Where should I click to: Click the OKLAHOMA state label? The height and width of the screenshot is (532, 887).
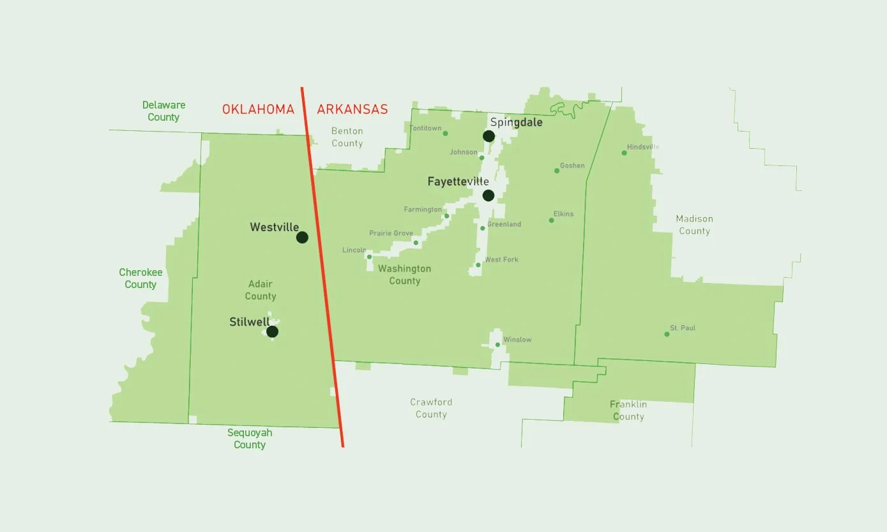(x=258, y=109)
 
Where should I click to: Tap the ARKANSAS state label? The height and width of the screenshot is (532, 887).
(x=353, y=109)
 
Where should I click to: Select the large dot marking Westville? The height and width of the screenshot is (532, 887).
(x=302, y=238)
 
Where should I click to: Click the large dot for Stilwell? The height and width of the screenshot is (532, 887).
(x=272, y=331)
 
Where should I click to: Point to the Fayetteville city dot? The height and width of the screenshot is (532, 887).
(x=489, y=195)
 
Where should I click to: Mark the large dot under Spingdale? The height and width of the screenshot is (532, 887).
(x=489, y=136)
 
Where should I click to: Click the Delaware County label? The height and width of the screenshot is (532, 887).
(x=163, y=111)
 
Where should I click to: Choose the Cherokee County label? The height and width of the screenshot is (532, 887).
(x=140, y=278)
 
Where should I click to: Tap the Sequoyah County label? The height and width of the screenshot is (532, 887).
(x=250, y=439)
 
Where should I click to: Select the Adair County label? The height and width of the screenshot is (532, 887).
(x=260, y=290)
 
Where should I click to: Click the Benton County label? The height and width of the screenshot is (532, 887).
(x=347, y=137)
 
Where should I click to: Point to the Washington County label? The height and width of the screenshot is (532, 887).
(x=404, y=275)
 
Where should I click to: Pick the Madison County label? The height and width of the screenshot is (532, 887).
(x=694, y=225)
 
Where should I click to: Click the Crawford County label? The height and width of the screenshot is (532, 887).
(x=431, y=408)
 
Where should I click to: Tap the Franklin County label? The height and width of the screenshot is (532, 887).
(x=628, y=411)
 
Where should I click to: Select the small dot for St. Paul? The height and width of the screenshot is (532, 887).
(x=667, y=334)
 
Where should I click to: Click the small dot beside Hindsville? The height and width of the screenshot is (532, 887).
(x=624, y=153)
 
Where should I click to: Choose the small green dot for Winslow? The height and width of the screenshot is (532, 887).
(x=497, y=345)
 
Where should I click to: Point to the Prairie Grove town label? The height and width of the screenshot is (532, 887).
(x=391, y=234)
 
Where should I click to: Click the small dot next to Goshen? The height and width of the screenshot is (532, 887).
(x=557, y=171)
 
